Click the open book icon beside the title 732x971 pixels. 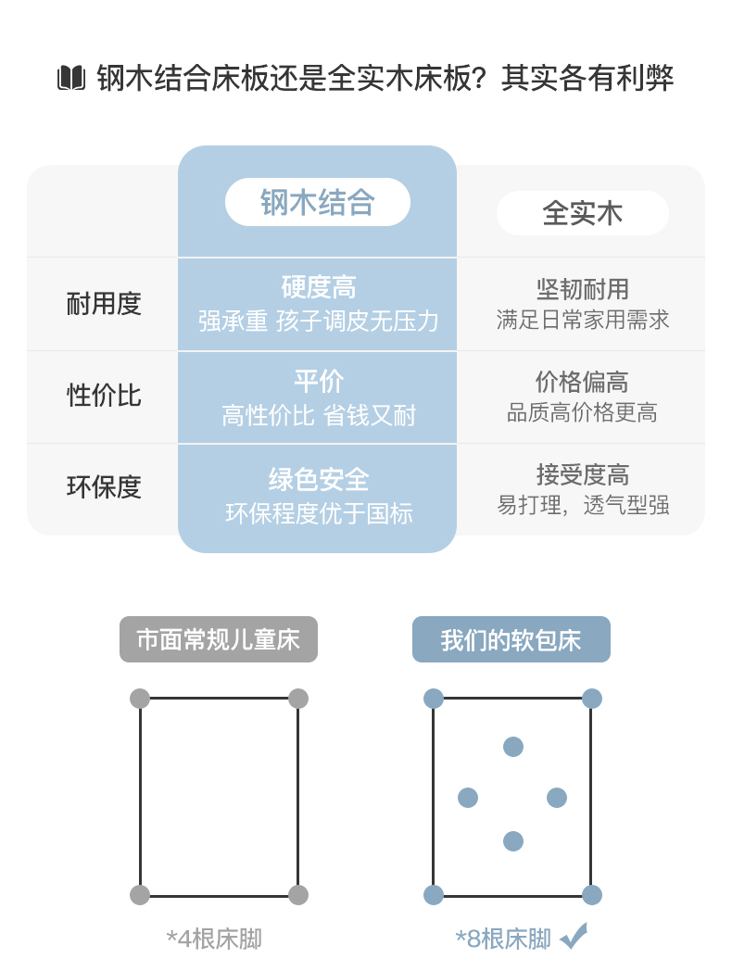pyautogui.click(x=71, y=78)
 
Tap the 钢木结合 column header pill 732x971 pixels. pyautogui.click(x=318, y=202)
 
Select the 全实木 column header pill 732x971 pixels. pyautogui.click(x=582, y=213)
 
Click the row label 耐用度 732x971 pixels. pyautogui.click(x=104, y=304)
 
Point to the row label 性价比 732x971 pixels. pyautogui.click(x=104, y=396)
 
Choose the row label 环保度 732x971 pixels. pyautogui.click(x=104, y=487)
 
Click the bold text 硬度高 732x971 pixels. pyautogui.click(x=318, y=287)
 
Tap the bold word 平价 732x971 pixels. pyautogui.click(x=318, y=381)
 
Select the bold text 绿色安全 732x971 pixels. pyautogui.click(x=318, y=480)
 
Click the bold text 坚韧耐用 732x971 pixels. pyautogui.click(x=582, y=289)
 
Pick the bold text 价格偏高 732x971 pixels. pyautogui.click(x=582, y=382)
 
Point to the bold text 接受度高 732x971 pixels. pyautogui.click(x=582, y=474)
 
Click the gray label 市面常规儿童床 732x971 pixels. pyautogui.click(x=219, y=639)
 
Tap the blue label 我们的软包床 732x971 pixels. pyautogui.click(x=511, y=639)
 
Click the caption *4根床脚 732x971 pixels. pyautogui.click(x=214, y=939)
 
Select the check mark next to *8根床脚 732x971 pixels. pyautogui.click(x=574, y=936)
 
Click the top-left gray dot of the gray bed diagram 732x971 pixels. pyautogui.click(x=140, y=699)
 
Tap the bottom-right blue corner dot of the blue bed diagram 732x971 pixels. pyautogui.click(x=592, y=895)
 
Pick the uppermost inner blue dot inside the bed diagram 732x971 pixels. pyautogui.click(x=513, y=747)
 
